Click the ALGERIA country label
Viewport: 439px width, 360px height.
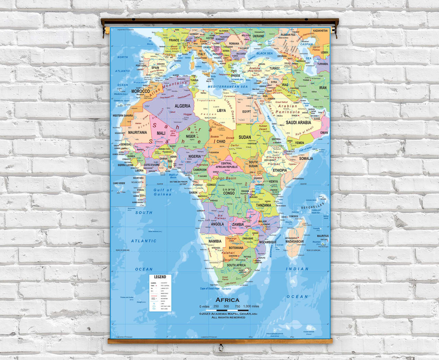pos(182,106)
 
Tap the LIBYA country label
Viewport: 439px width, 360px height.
pos(221,111)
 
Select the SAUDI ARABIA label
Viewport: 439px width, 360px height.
pos(298,123)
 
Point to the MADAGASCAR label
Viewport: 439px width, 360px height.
pos(295,242)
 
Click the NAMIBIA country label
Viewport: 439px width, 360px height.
pos(215,241)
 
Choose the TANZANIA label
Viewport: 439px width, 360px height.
pos(263,205)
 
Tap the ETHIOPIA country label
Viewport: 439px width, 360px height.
pos(280,170)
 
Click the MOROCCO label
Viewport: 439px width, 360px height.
pos(141,92)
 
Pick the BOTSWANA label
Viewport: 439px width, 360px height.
pos(236,248)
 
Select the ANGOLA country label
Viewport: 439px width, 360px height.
pos(217,224)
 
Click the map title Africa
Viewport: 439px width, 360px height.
pos(227,300)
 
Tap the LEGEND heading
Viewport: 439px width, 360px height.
pos(160,277)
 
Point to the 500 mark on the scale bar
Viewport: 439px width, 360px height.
pos(226,306)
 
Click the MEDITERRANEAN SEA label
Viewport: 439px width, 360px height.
pos(227,87)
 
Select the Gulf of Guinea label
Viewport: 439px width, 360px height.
pos(162,192)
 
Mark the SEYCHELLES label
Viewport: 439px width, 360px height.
pos(312,206)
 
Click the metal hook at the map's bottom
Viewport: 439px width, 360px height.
pos(221,347)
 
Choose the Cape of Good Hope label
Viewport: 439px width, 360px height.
pos(210,289)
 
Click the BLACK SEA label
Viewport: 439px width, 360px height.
pos(264,54)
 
